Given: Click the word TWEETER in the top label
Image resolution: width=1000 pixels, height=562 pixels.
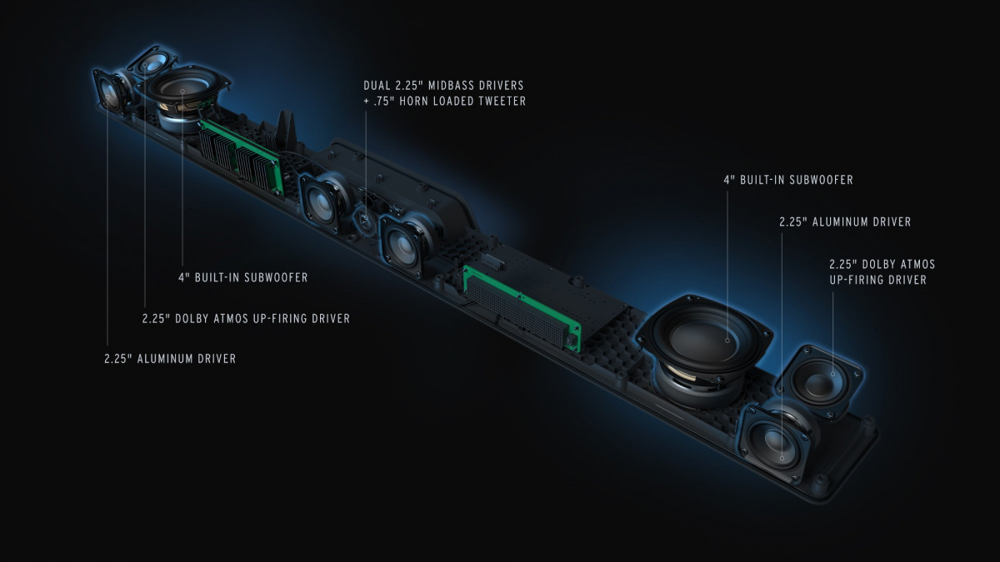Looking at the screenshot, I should (x=498, y=102).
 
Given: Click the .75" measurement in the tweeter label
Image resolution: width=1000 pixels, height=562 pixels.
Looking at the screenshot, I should (x=384, y=102).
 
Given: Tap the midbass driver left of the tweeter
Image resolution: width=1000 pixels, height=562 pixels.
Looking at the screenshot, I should (x=321, y=201).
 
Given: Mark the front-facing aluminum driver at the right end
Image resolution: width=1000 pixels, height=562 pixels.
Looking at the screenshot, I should (x=775, y=438).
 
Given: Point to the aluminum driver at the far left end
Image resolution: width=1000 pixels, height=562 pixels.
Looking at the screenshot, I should (x=110, y=92).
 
